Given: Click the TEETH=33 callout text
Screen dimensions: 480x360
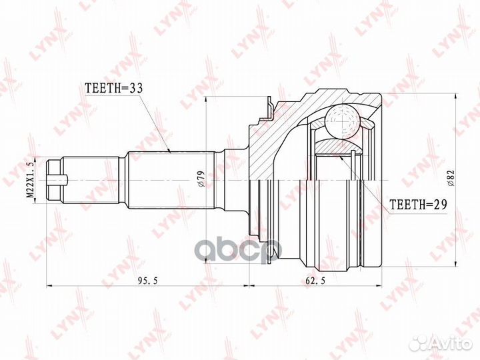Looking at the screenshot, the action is (114, 88).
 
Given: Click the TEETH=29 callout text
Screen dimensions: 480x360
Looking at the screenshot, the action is (418, 204).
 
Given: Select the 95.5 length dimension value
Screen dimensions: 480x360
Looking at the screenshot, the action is (147, 280).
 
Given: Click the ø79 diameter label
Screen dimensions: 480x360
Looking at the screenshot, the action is (200, 179).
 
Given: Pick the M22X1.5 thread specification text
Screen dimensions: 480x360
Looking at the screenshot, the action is (30, 179).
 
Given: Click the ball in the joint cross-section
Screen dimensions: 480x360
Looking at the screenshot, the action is (342, 121).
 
